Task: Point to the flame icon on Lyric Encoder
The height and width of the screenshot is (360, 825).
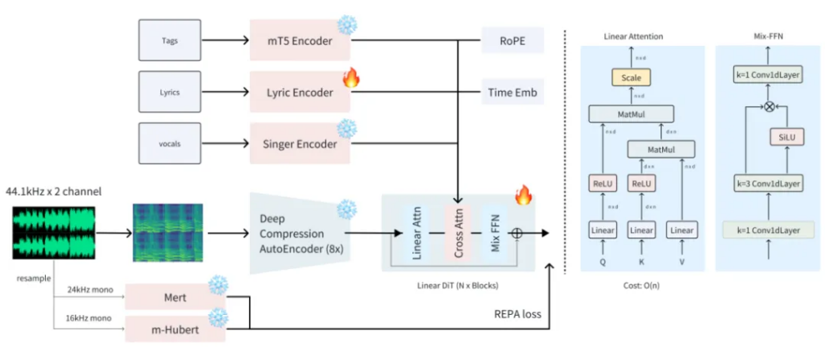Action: click(x=350, y=78)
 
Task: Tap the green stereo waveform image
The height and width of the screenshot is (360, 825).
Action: click(x=53, y=234)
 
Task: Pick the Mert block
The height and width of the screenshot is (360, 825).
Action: click(x=177, y=297)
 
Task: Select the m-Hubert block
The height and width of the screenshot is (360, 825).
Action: click(x=177, y=329)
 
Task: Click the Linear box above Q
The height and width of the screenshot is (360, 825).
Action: click(x=600, y=231)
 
